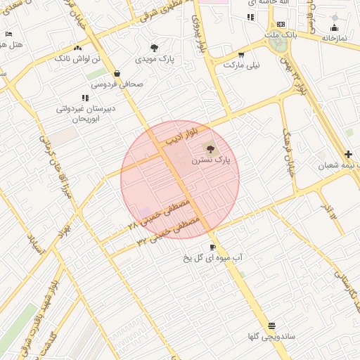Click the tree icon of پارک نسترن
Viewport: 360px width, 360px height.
click(210, 148)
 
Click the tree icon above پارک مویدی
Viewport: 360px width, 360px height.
click(154, 48)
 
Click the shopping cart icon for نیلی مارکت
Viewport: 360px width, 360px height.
click(241, 53)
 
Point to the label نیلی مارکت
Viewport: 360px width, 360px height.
click(241, 65)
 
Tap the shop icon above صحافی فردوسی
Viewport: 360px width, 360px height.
click(117, 72)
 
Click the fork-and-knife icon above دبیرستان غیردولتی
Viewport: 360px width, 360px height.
click(85, 98)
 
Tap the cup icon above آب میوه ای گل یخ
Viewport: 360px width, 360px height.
click(212, 247)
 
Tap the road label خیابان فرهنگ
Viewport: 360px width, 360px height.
click(288, 151)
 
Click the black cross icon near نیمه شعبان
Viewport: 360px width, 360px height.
click(349, 154)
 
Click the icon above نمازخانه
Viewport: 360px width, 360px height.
click(334, 28)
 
